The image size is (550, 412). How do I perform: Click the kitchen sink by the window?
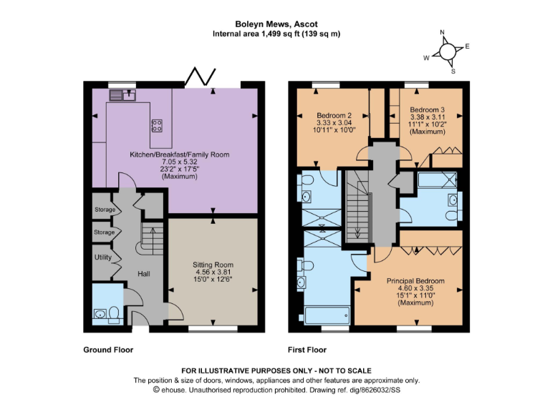click(119, 94)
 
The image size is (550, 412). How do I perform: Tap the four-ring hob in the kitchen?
click(157, 126)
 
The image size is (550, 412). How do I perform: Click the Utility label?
click(102, 256)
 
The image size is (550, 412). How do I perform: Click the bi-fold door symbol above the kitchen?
click(196, 75)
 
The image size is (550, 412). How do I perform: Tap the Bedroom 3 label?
click(427, 109)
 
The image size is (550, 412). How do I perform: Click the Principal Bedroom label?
click(415, 281)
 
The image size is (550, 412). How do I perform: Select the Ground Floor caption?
click(109, 350)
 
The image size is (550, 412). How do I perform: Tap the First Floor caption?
click(307, 350)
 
